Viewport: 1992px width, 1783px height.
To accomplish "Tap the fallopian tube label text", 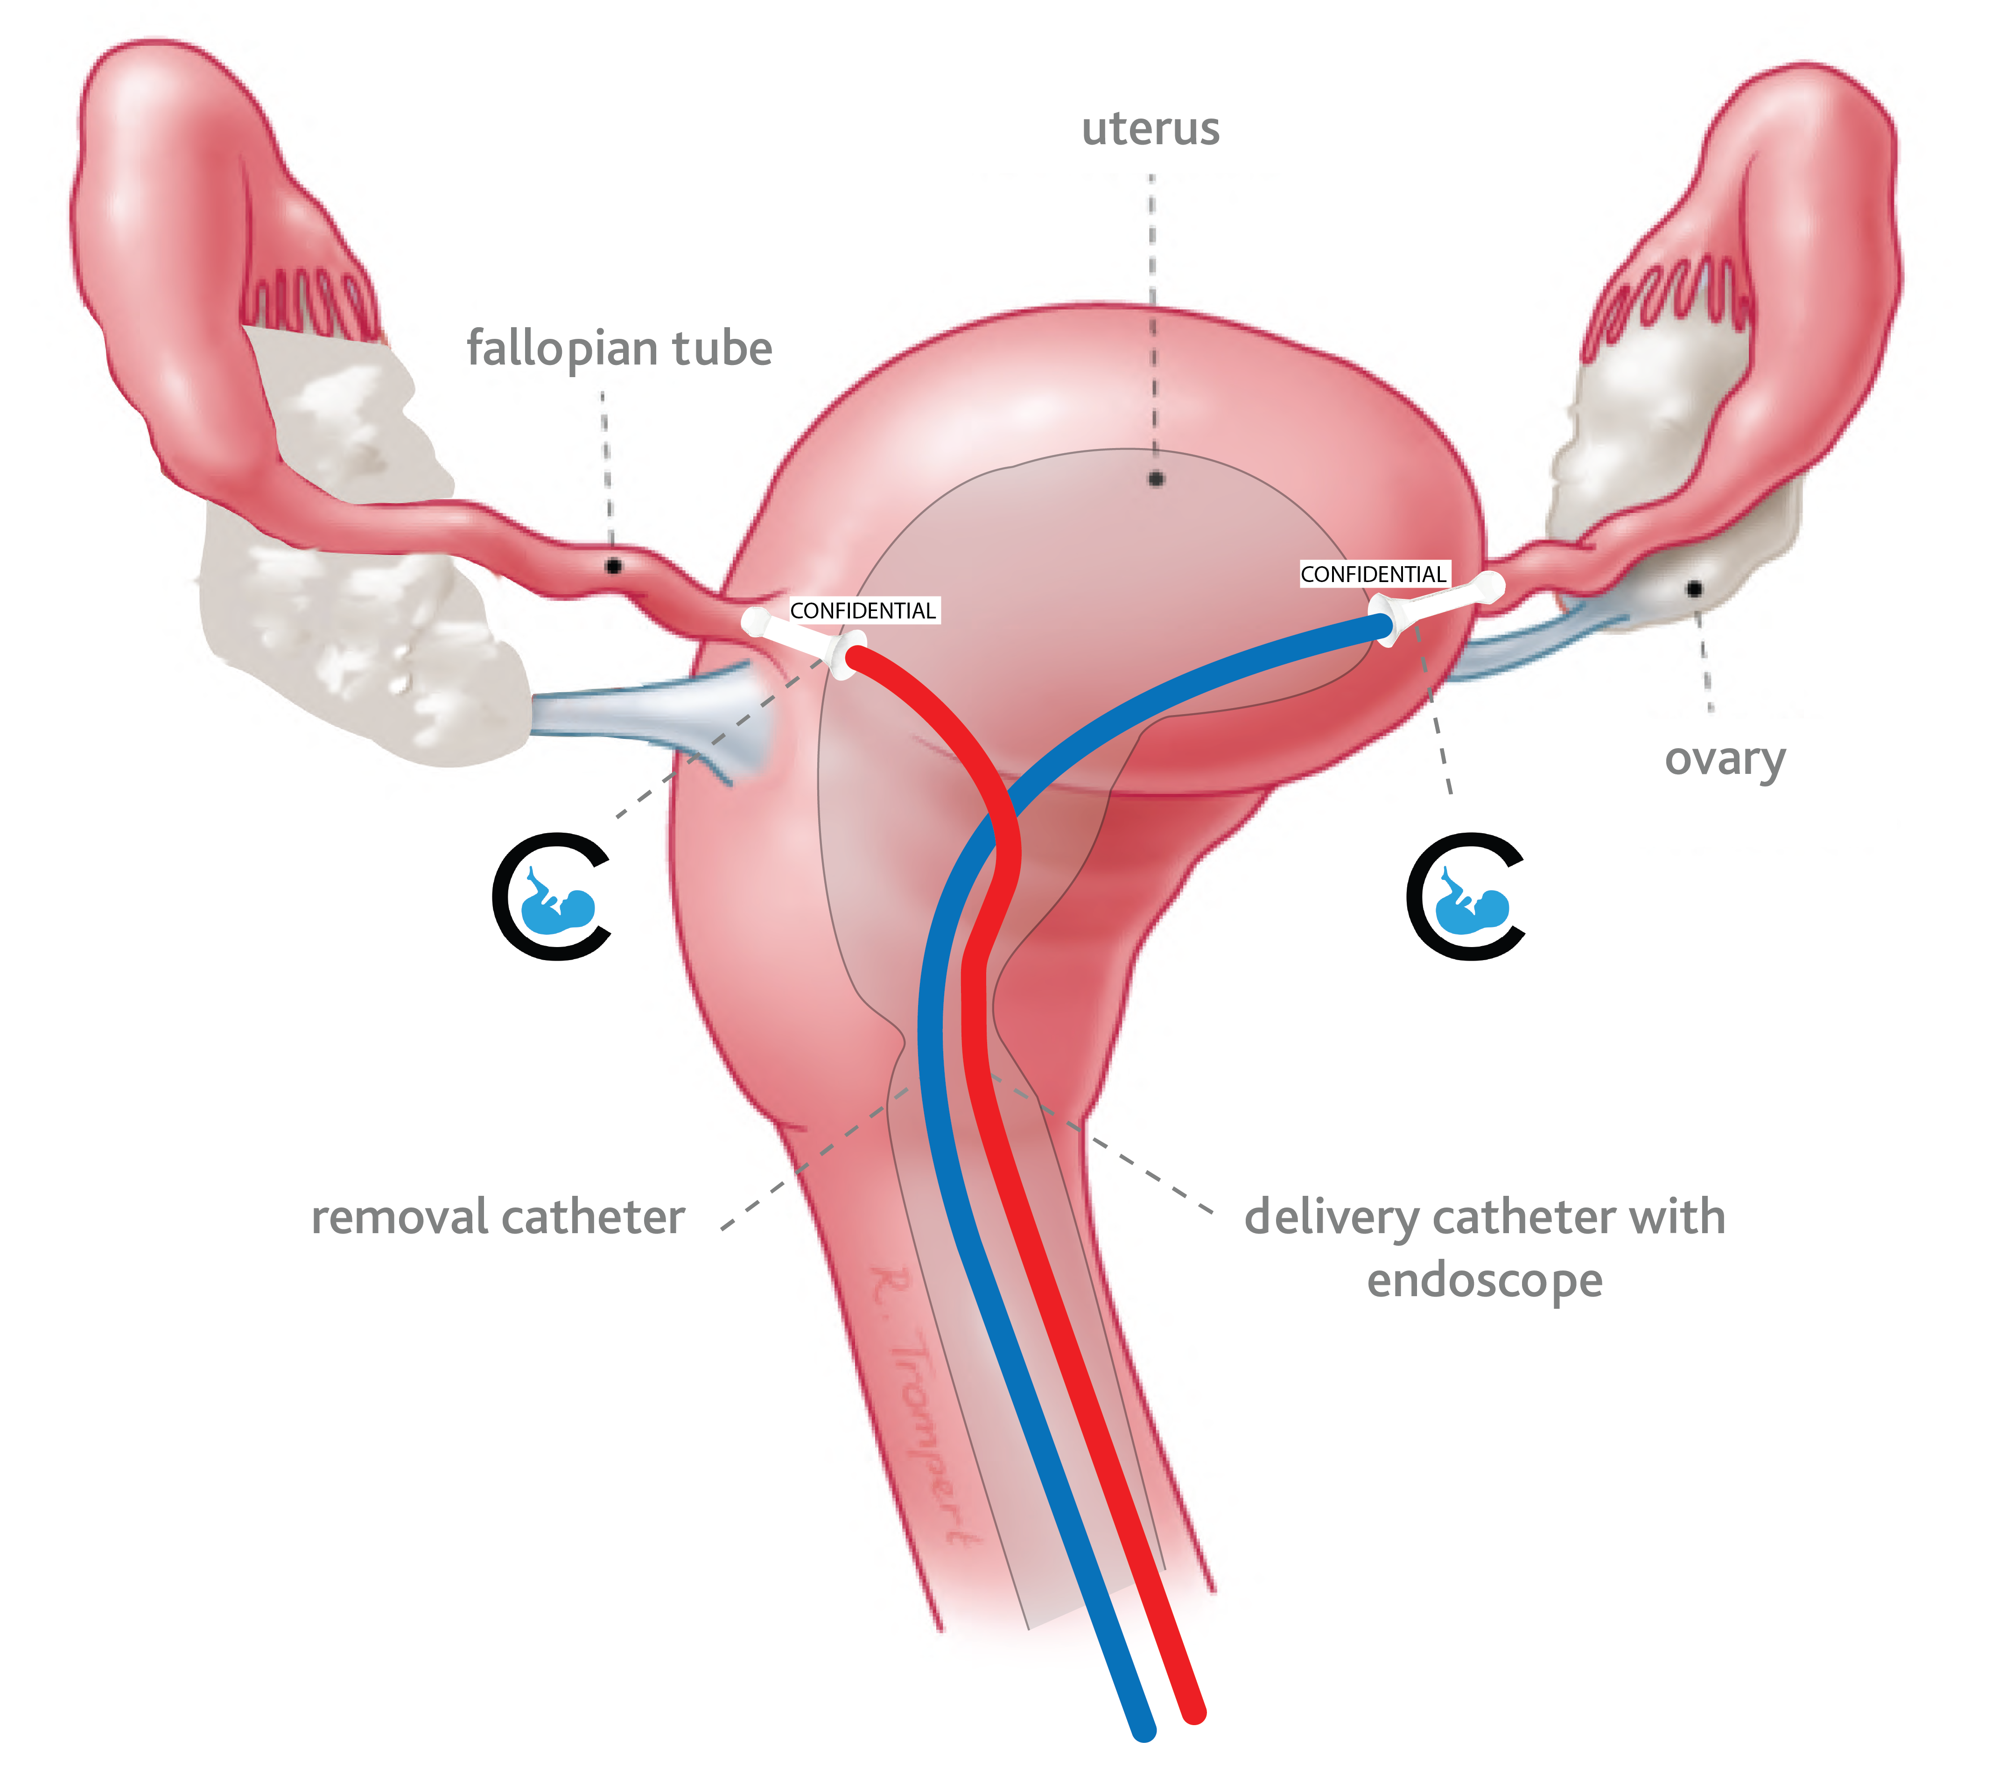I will (x=619, y=349).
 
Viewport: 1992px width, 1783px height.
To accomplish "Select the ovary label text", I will (x=1725, y=759).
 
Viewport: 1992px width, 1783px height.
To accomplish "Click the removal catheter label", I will (x=498, y=1218).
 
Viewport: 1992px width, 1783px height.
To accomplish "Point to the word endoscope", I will (x=1485, y=1280).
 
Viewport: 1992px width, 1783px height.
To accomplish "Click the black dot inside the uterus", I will (x=1156, y=479).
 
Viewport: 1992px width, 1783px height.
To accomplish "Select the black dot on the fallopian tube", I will (x=613, y=566).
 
